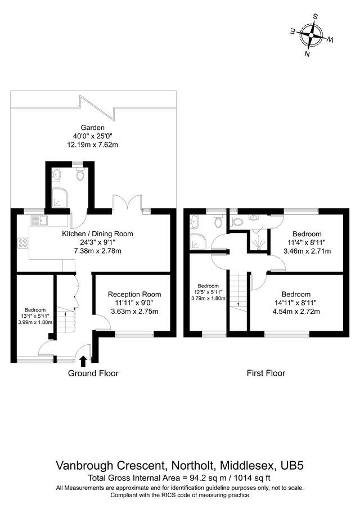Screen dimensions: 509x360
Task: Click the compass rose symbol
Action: tap(310, 35)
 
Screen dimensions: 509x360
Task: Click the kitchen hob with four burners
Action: tap(24, 244)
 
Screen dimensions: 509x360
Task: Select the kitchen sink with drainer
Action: tap(40, 220)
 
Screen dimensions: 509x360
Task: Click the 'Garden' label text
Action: tap(92, 128)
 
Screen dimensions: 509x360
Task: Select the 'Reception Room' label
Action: tap(134, 294)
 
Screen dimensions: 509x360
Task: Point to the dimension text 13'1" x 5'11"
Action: tap(35, 316)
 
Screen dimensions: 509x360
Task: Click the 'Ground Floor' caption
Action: tap(93, 373)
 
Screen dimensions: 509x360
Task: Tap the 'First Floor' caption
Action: tap(266, 373)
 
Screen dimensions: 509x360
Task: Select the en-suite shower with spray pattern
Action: tap(258, 240)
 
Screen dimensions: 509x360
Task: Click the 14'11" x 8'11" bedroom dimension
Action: tap(296, 303)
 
